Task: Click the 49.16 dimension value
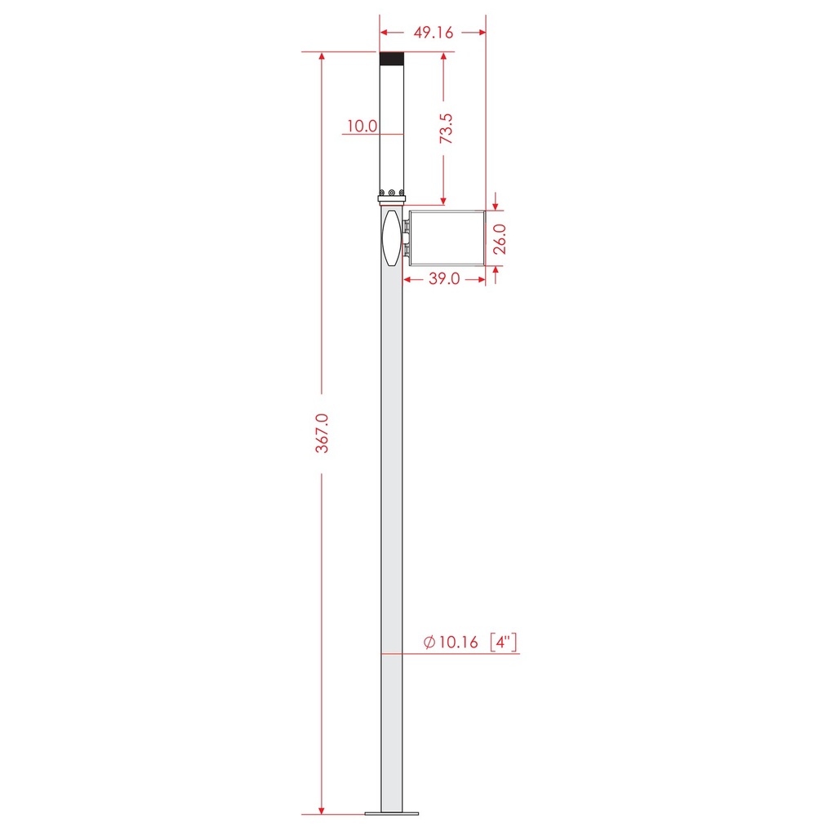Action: point(434,33)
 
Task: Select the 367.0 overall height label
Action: point(322,434)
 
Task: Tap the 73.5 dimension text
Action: point(446,128)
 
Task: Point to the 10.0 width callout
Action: point(362,127)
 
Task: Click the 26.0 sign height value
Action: point(500,239)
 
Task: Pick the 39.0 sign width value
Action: point(444,279)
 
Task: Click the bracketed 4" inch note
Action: point(504,642)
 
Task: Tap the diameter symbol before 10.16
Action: point(429,642)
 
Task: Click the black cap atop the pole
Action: point(392,59)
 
